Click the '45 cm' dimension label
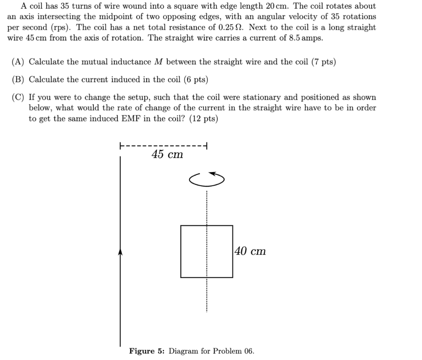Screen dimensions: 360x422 pyautogui.click(x=167, y=155)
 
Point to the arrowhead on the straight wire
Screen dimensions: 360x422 pyautogui.click(x=120, y=252)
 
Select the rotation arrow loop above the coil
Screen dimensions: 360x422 pyautogui.click(x=207, y=178)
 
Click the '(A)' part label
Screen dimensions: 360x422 pyautogui.click(x=18, y=62)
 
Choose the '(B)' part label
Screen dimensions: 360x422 pyautogui.click(x=18, y=79)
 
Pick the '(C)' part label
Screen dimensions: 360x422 pyautogui.click(x=18, y=98)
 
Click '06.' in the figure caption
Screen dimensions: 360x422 pyautogui.click(x=249, y=351)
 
